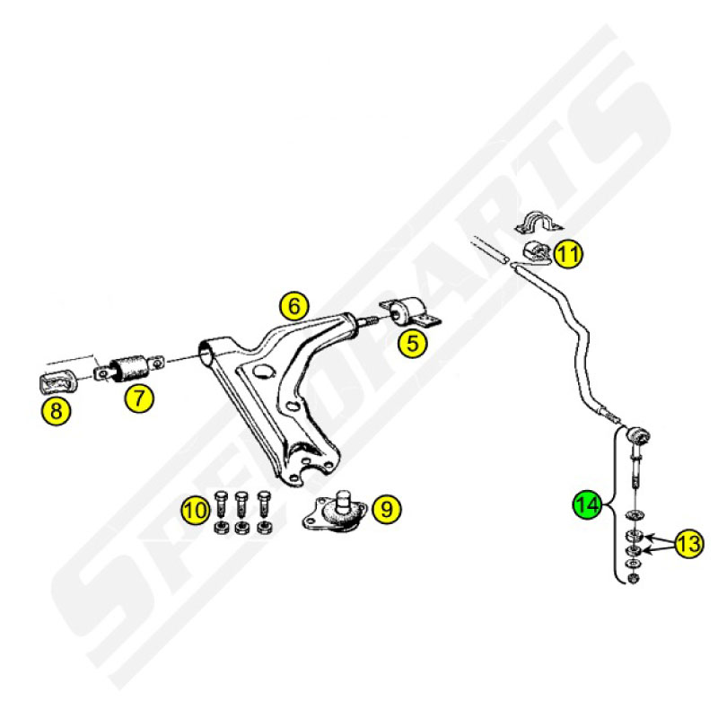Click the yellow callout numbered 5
[x=413, y=343]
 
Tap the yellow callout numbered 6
[x=294, y=305]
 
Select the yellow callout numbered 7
[x=139, y=398]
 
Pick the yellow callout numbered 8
[x=56, y=410]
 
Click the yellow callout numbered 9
[x=387, y=508]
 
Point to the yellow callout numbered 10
[x=196, y=510]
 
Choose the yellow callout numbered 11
[x=568, y=253]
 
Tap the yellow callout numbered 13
[x=689, y=544]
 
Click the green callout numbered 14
[x=588, y=504]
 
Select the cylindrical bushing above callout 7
[x=131, y=367]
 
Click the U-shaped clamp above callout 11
[x=538, y=223]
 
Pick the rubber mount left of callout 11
[x=537, y=253]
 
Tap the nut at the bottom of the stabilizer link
[x=634, y=578]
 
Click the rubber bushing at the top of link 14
[x=638, y=434]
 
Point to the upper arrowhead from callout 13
[x=646, y=536]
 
